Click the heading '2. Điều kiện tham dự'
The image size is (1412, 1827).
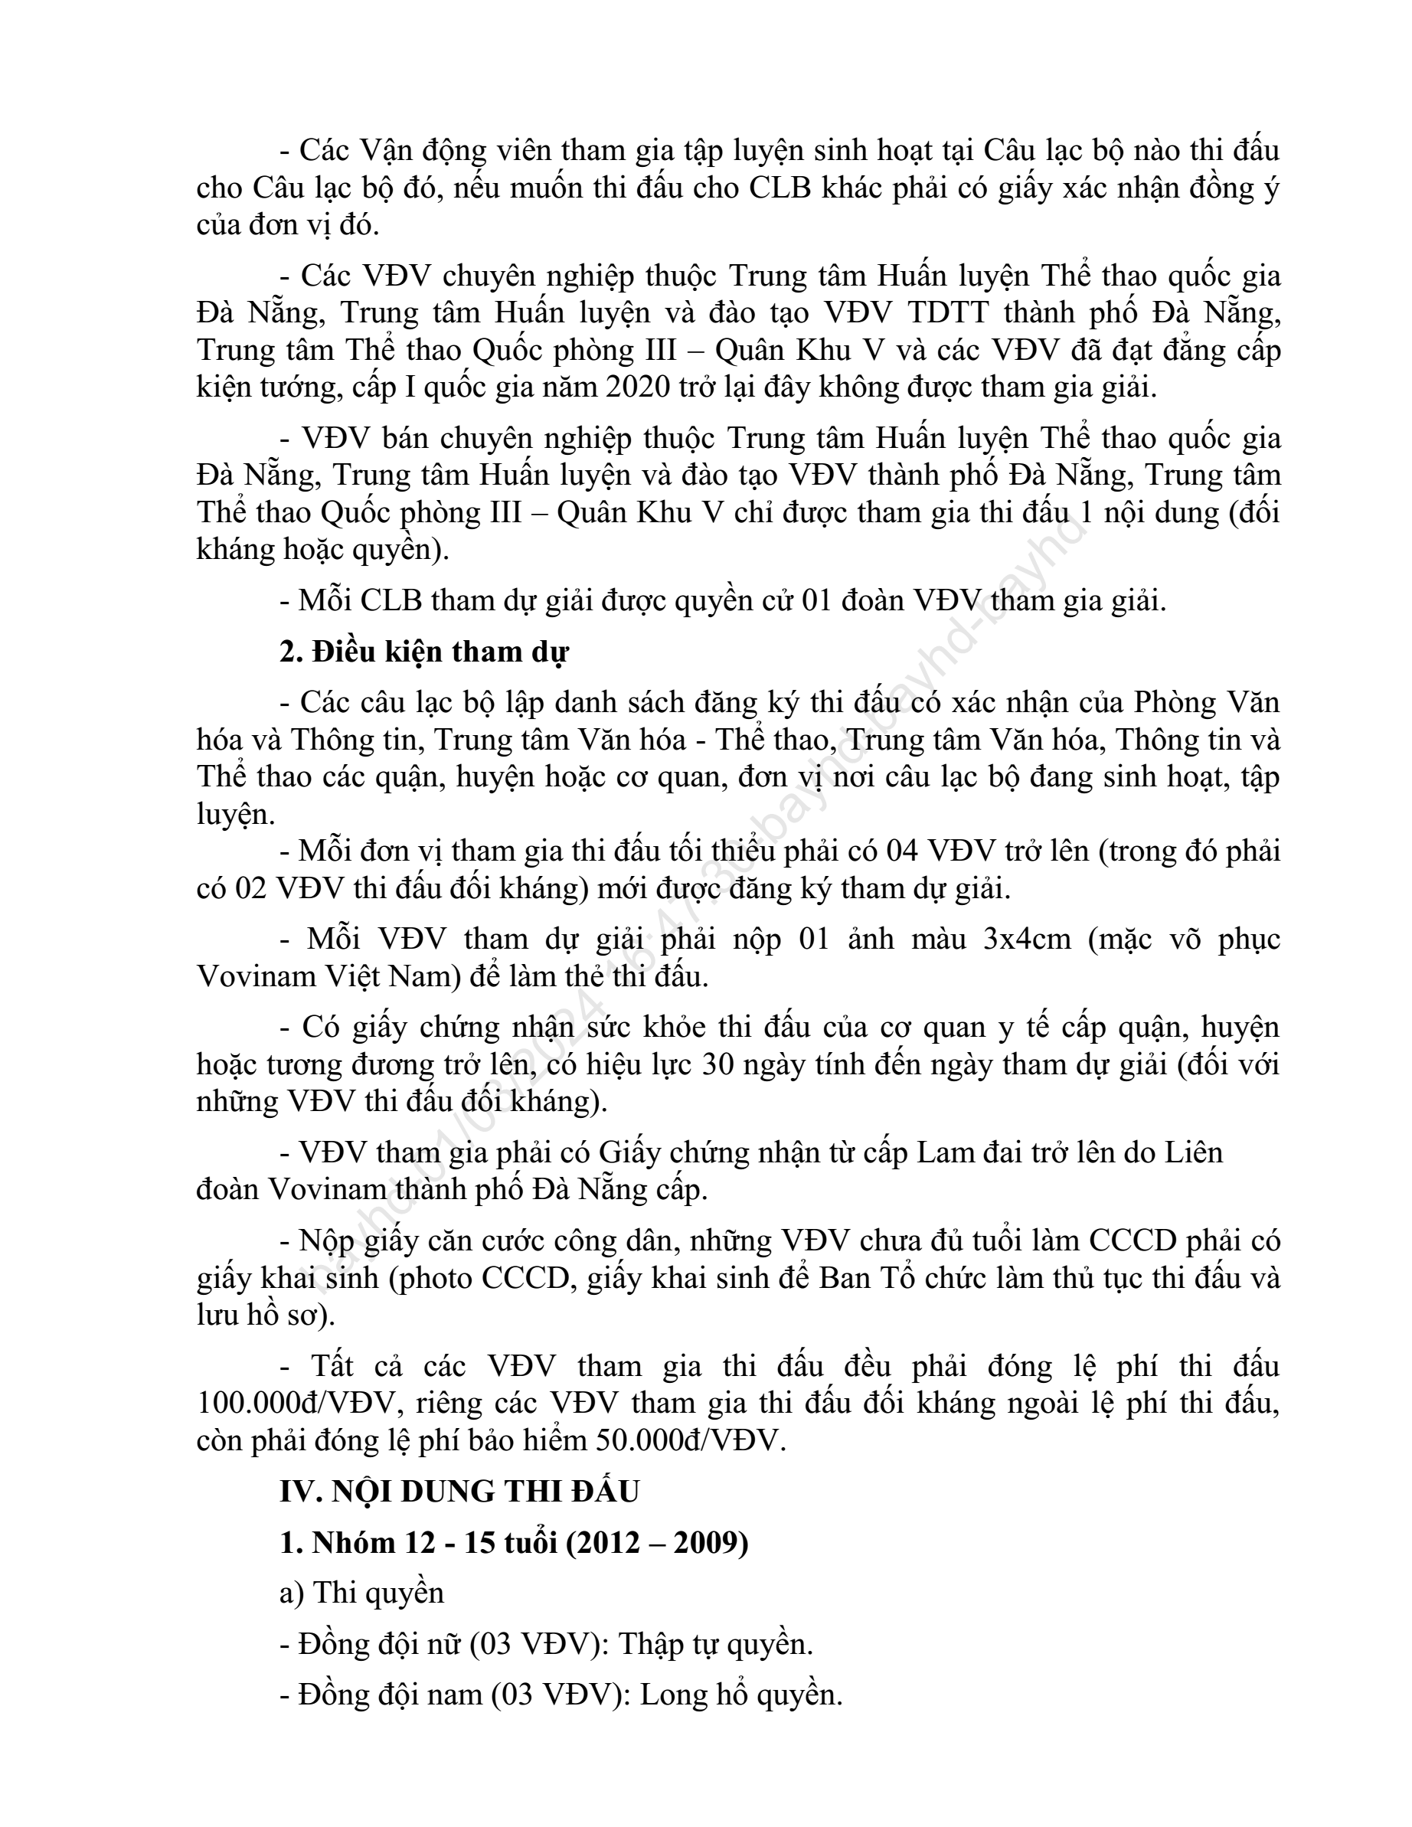(424, 652)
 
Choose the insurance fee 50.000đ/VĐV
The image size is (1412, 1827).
(691, 1440)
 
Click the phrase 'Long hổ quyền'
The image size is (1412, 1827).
(740, 1695)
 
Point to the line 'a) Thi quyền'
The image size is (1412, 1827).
(361, 1593)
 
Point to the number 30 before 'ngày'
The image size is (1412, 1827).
(718, 1064)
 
